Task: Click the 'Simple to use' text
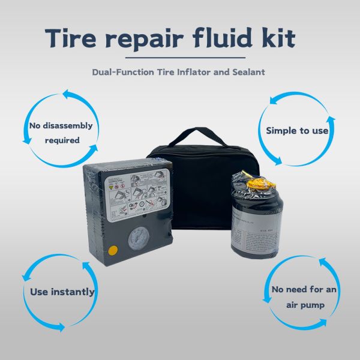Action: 296,130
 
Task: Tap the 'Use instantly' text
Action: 62,292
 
